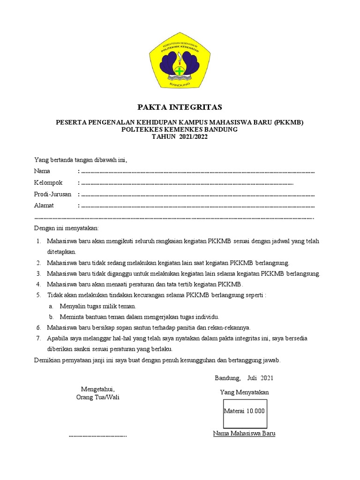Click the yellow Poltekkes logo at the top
[180, 63]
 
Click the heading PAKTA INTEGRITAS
[180, 107]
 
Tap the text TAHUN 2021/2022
[180, 137]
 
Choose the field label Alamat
[44, 205]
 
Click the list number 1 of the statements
[38, 241]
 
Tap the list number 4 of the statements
[38, 285]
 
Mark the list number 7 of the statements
[38, 338]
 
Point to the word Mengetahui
[97, 390]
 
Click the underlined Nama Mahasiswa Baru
[244, 434]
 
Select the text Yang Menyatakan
[244, 392]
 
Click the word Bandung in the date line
[227, 378]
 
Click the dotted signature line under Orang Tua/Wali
[97, 436]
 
